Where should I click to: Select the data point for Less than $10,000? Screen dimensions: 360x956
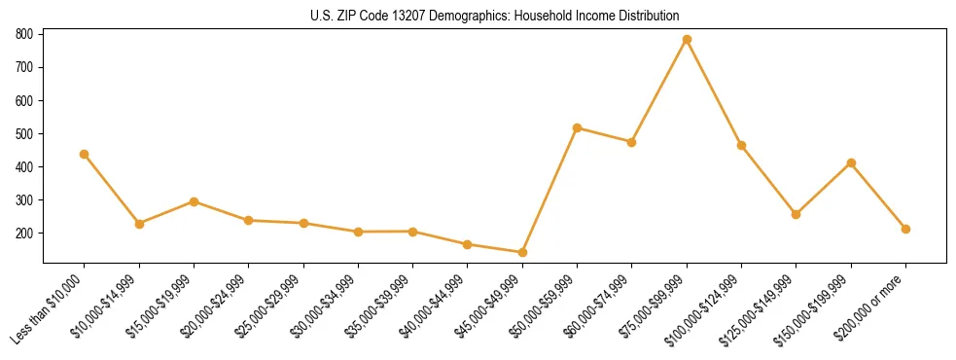pos(85,154)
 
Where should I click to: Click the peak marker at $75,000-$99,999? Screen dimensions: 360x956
pos(687,39)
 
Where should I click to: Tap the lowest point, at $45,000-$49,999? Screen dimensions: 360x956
pos(522,252)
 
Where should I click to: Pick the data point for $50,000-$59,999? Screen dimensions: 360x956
pos(578,127)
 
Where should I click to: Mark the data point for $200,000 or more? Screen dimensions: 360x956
pos(905,229)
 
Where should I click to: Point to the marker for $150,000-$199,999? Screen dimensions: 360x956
pos(851,162)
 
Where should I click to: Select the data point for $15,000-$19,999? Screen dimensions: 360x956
pos(194,201)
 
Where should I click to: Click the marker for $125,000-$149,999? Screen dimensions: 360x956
pos(797,214)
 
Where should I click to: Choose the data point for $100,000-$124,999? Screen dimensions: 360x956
pos(741,145)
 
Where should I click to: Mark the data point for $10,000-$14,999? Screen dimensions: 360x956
pos(139,224)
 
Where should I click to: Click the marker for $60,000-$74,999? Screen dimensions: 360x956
pos(632,142)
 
